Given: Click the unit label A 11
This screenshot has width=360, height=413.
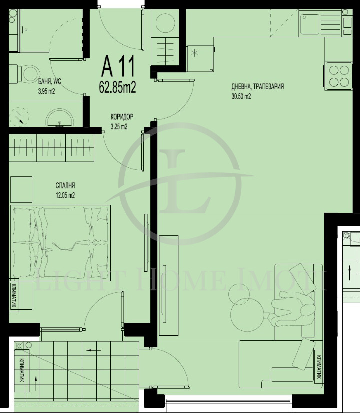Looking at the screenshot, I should pyautogui.click(x=118, y=65).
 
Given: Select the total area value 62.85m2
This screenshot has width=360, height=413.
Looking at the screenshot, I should pyautogui.click(x=118, y=88).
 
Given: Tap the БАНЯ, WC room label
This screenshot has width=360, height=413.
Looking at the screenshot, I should pyautogui.click(x=49, y=83).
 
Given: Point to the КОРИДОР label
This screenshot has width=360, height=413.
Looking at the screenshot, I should pyautogui.click(x=122, y=118).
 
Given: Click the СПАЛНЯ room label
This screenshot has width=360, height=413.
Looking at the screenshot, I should pyautogui.click(x=65, y=186).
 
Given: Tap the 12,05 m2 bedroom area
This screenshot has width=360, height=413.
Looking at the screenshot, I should pyautogui.click(x=65, y=195).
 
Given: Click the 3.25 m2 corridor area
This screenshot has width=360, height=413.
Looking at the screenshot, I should pyautogui.click(x=119, y=127).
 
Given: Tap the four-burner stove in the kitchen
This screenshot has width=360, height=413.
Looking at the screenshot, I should pyautogui.click(x=338, y=76).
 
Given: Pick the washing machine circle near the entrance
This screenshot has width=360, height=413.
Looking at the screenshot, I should pyautogui.click(x=164, y=23).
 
